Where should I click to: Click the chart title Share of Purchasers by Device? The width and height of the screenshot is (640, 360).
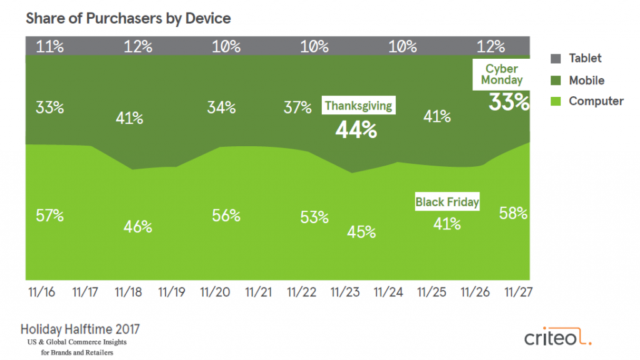pyautogui.click(x=128, y=19)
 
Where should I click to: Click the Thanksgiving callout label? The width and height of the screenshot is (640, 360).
pyautogui.click(x=358, y=106)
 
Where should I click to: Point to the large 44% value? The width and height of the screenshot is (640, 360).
pyautogui.click(x=356, y=129)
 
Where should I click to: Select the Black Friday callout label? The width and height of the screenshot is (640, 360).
pyautogui.click(x=447, y=202)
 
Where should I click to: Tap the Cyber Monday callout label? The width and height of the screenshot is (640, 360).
pyautogui.click(x=502, y=74)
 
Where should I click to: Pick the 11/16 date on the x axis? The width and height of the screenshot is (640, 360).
pyautogui.click(x=42, y=292)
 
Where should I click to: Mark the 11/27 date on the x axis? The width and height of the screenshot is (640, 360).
pyautogui.click(x=516, y=292)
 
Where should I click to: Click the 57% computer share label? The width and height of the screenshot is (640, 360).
pyautogui.click(x=49, y=216)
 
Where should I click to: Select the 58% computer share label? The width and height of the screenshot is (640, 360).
pyautogui.click(x=513, y=213)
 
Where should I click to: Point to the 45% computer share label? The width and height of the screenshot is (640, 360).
pyautogui.click(x=362, y=231)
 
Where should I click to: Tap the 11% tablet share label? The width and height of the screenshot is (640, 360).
pyautogui.click(x=49, y=47)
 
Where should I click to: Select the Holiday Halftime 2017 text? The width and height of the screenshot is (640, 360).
pyautogui.click(x=81, y=329)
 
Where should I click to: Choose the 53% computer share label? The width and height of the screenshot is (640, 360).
pyautogui.click(x=314, y=217)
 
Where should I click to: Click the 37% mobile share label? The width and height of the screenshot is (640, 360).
pyautogui.click(x=297, y=107)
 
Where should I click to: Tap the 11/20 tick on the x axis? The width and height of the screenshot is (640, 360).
pyautogui.click(x=215, y=292)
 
